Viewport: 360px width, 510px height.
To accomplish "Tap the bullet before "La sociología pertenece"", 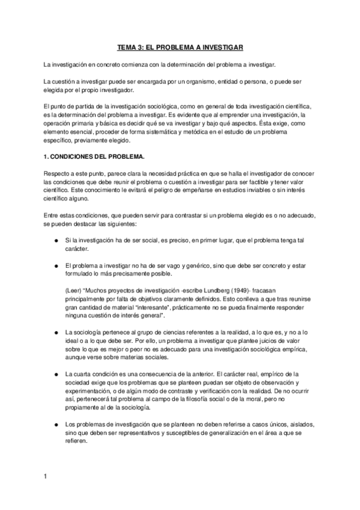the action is [x=55, y=331].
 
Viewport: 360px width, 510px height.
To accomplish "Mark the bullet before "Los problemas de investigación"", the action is [x=55, y=408].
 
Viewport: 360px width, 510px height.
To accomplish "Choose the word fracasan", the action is [x=295, y=289].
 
